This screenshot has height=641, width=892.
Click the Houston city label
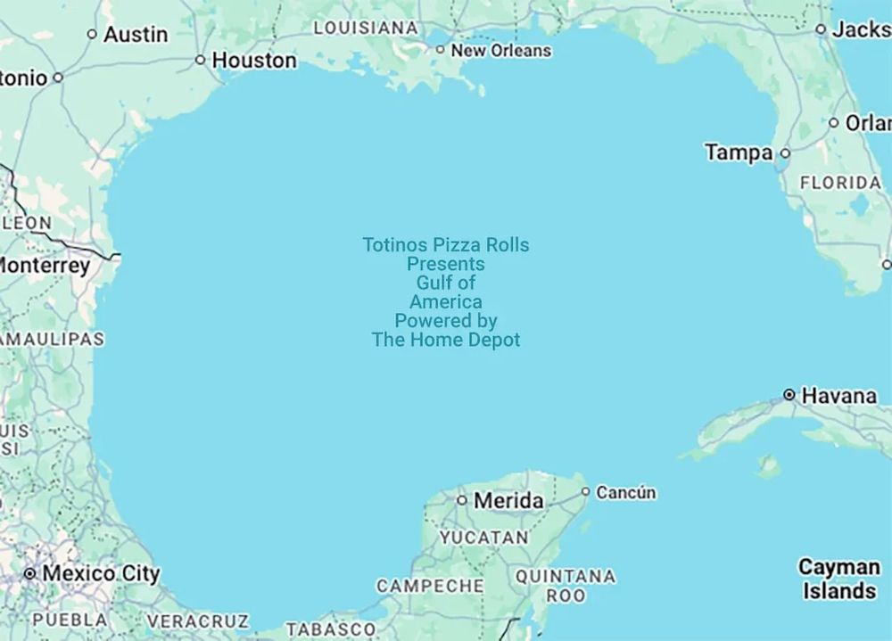pos(254,61)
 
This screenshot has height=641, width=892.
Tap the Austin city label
pos(136,35)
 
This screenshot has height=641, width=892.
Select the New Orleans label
pos(500,51)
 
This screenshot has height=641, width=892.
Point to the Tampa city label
pos(739,152)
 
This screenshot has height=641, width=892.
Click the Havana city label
pos(838,395)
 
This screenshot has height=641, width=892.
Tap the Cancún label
pos(625,492)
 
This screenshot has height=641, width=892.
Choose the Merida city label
pos(508,501)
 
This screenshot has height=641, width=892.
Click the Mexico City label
pos(101,573)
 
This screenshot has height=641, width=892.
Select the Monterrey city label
pos(45,266)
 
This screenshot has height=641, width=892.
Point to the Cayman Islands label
pos(838,579)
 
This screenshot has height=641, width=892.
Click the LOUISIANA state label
pos(366,28)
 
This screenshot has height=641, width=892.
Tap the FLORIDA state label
pos(840,183)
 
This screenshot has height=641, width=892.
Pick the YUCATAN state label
pos(483,538)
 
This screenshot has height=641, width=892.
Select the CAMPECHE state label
pos(430,586)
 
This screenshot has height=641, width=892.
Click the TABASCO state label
pos(331,629)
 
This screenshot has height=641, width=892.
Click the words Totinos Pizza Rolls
pos(446,245)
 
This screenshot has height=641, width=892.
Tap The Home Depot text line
pos(446,340)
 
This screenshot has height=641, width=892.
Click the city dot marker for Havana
pos(789,394)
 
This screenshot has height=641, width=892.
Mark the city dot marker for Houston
pos(201,61)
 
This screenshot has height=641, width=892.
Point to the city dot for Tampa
pos(785,153)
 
